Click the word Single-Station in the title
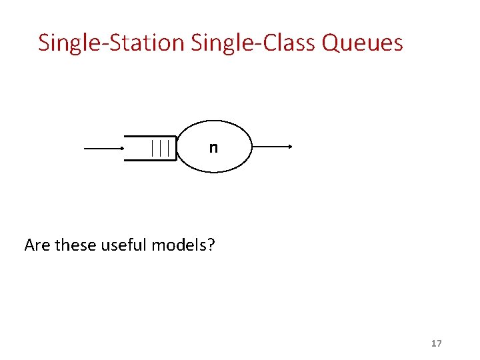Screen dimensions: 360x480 point(111,43)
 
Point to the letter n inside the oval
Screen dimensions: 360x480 point(213,147)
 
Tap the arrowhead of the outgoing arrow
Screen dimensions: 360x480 point(290,147)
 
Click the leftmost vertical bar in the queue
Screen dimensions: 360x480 point(153,147)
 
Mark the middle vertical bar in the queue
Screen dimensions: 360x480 point(161,147)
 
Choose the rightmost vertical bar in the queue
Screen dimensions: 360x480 point(168,147)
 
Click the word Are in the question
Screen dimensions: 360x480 point(37,245)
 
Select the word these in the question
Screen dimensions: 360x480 point(75,245)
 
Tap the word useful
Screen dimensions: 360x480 point(125,245)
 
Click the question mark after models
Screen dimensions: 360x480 point(211,245)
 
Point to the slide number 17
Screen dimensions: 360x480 point(437,343)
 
